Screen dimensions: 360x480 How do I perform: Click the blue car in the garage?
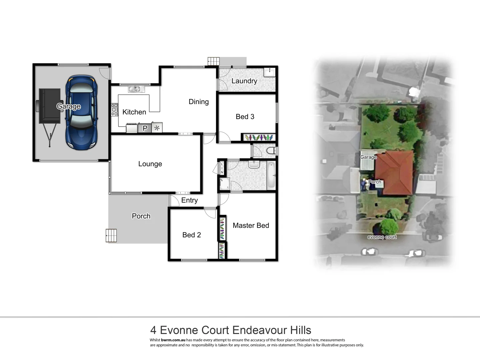pyautogui.click(x=82, y=113)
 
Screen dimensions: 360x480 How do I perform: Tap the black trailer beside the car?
pyautogui.click(x=49, y=107)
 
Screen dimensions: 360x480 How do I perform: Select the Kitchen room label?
pyautogui.click(x=134, y=112)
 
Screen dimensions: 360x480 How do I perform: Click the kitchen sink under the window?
pyautogui.click(x=135, y=89)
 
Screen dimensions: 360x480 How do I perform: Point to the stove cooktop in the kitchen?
pyautogui.click(x=114, y=110)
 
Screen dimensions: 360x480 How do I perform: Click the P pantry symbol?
pyautogui.click(x=145, y=128)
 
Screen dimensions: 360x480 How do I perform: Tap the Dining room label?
pyautogui.click(x=199, y=102)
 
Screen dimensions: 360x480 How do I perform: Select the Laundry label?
pyautogui.click(x=244, y=81)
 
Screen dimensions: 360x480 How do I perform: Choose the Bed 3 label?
pyautogui.click(x=245, y=117)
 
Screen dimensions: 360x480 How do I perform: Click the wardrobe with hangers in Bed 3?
pyautogui.click(x=258, y=137)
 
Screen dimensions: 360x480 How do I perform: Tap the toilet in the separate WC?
pyautogui.click(x=271, y=151)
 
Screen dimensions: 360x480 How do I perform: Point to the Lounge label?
pyautogui.click(x=150, y=164)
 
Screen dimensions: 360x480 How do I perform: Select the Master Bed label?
pyautogui.click(x=251, y=226)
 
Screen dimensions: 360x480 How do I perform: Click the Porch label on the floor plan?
pyautogui.click(x=141, y=216)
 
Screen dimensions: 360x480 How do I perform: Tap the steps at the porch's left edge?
pyautogui.click(x=111, y=235)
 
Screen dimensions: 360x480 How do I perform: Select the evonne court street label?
pyautogui.click(x=382, y=237)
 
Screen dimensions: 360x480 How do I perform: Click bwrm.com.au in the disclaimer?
pyautogui.click(x=173, y=340)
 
